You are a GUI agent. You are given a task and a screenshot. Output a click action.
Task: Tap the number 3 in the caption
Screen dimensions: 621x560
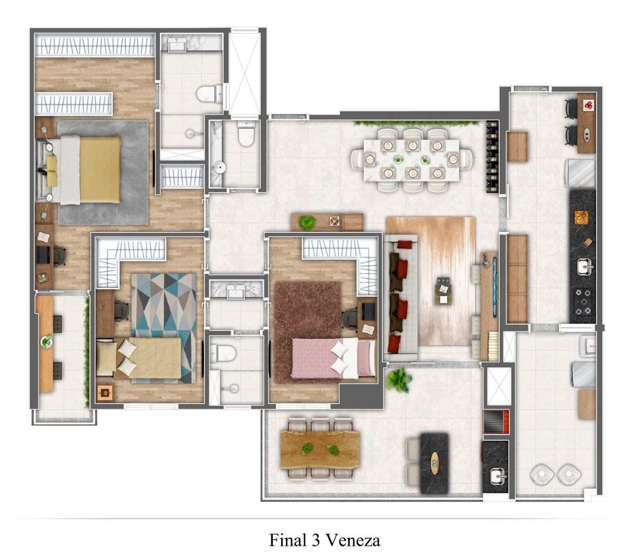tap(315, 540)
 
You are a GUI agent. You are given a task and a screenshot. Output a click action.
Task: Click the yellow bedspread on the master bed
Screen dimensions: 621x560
tap(100, 170)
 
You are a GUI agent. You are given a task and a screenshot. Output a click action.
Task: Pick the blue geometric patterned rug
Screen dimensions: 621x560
tap(163, 328)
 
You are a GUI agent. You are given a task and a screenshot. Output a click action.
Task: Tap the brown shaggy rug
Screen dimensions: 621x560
tap(307, 332)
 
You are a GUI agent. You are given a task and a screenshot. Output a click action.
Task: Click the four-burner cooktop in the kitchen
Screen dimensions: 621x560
tap(583, 302)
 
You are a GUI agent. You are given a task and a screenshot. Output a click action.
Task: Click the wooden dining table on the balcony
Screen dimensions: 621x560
tap(320, 450)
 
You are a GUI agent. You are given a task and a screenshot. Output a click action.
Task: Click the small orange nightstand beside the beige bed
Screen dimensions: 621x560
tap(105, 393)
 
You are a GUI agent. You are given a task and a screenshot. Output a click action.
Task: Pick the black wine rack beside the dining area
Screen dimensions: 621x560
tap(492, 157)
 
